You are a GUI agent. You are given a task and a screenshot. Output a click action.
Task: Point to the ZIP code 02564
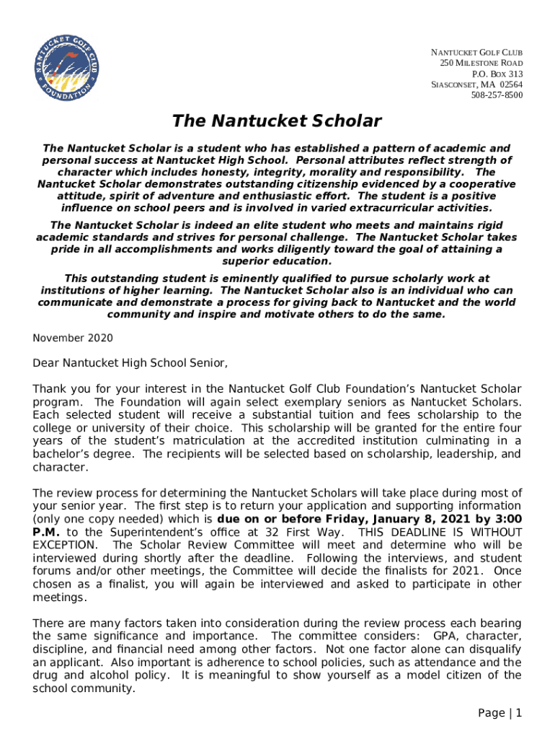tap(510, 84)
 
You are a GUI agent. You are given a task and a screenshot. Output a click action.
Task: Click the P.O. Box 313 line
tap(497, 74)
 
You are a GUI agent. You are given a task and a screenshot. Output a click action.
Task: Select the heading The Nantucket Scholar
tap(276, 121)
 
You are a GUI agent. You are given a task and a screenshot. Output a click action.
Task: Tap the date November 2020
tap(73, 338)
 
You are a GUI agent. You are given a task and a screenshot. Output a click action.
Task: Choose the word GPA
tap(447, 636)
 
